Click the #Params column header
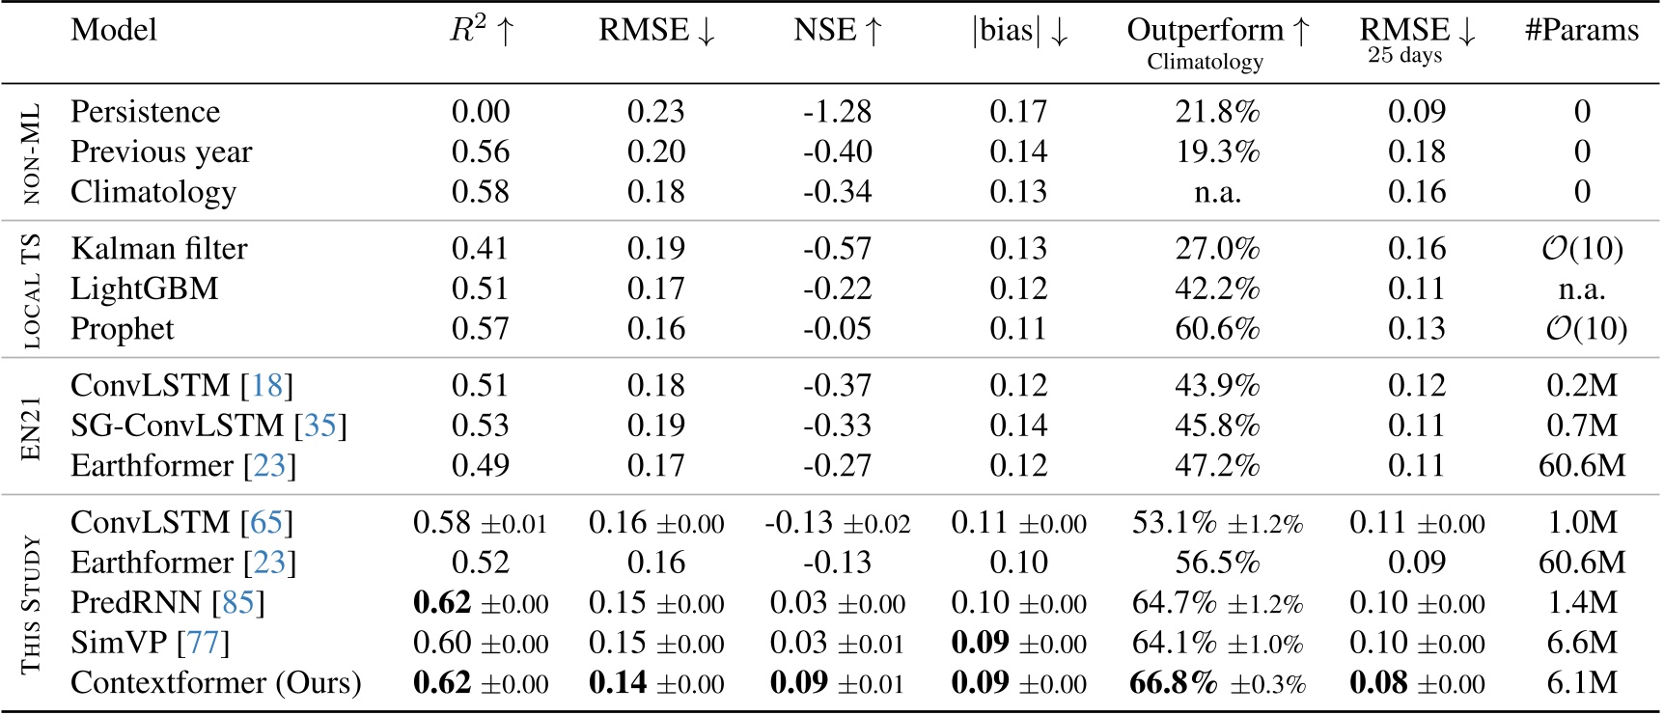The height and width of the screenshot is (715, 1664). pos(1581,31)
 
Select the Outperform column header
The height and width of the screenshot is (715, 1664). pos(1217,31)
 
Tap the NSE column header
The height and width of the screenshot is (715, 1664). pos(837,31)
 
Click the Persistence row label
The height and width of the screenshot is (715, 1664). pos(145,112)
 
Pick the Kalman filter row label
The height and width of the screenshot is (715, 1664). pos(158,249)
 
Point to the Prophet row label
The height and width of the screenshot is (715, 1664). pos(122,329)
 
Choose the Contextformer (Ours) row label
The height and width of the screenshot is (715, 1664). pos(215,683)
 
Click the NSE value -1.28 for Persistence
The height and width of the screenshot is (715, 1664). pos(837,112)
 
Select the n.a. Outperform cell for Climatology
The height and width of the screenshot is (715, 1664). pos(1217,192)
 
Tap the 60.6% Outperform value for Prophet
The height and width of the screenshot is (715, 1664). pos(1217,329)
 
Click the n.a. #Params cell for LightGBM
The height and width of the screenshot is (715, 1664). pos(1581,289)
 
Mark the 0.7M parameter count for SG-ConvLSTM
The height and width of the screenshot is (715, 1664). pos(1581,426)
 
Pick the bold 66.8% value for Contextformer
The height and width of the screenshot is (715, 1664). pos(1174,683)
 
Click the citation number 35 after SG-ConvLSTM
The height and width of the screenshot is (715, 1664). pos(320,426)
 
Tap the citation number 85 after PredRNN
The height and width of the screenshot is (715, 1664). pos(238,603)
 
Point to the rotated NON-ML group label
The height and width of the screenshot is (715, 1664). pos(31,152)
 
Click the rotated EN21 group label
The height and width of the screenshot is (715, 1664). pos(31,426)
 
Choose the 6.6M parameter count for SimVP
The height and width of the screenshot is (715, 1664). pos(1581,643)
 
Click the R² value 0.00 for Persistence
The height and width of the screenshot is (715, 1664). pos(480,112)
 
